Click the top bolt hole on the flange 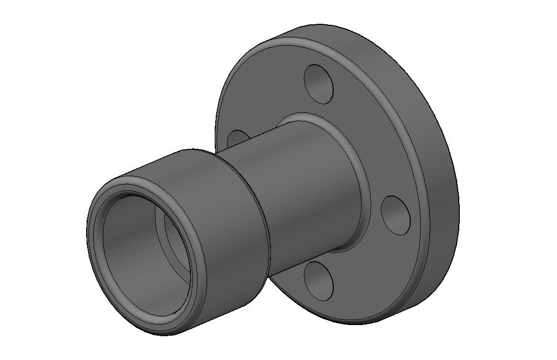tap(319, 84)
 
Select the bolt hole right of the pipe tap(396, 215)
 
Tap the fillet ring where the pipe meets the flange tap(354, 152)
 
